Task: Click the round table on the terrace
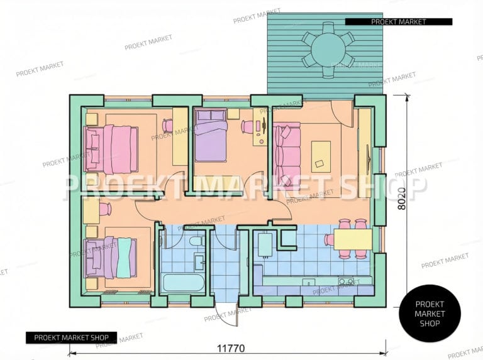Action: (328, 50)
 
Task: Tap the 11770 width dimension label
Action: (231, 348)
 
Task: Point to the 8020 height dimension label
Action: (402, 199)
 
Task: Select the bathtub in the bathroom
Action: (183, 283)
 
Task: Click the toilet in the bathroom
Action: (196, 241)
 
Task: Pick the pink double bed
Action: (111, 149)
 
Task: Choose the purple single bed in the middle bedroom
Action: (211, 136)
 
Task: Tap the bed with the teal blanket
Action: (111, 257)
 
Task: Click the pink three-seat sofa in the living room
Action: (287, 155)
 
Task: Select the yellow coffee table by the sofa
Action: (321, 156)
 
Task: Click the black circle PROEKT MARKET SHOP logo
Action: (430, 314)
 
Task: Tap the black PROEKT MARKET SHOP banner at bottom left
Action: (71, 337)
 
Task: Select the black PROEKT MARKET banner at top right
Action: (399, 21)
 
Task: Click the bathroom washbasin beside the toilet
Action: (199, 261)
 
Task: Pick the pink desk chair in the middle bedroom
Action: (247, 127)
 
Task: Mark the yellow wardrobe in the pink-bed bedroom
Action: (180, 136)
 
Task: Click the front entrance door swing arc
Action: (226, 315)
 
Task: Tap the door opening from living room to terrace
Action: (342, 113)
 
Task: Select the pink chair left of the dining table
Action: (329, 239)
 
